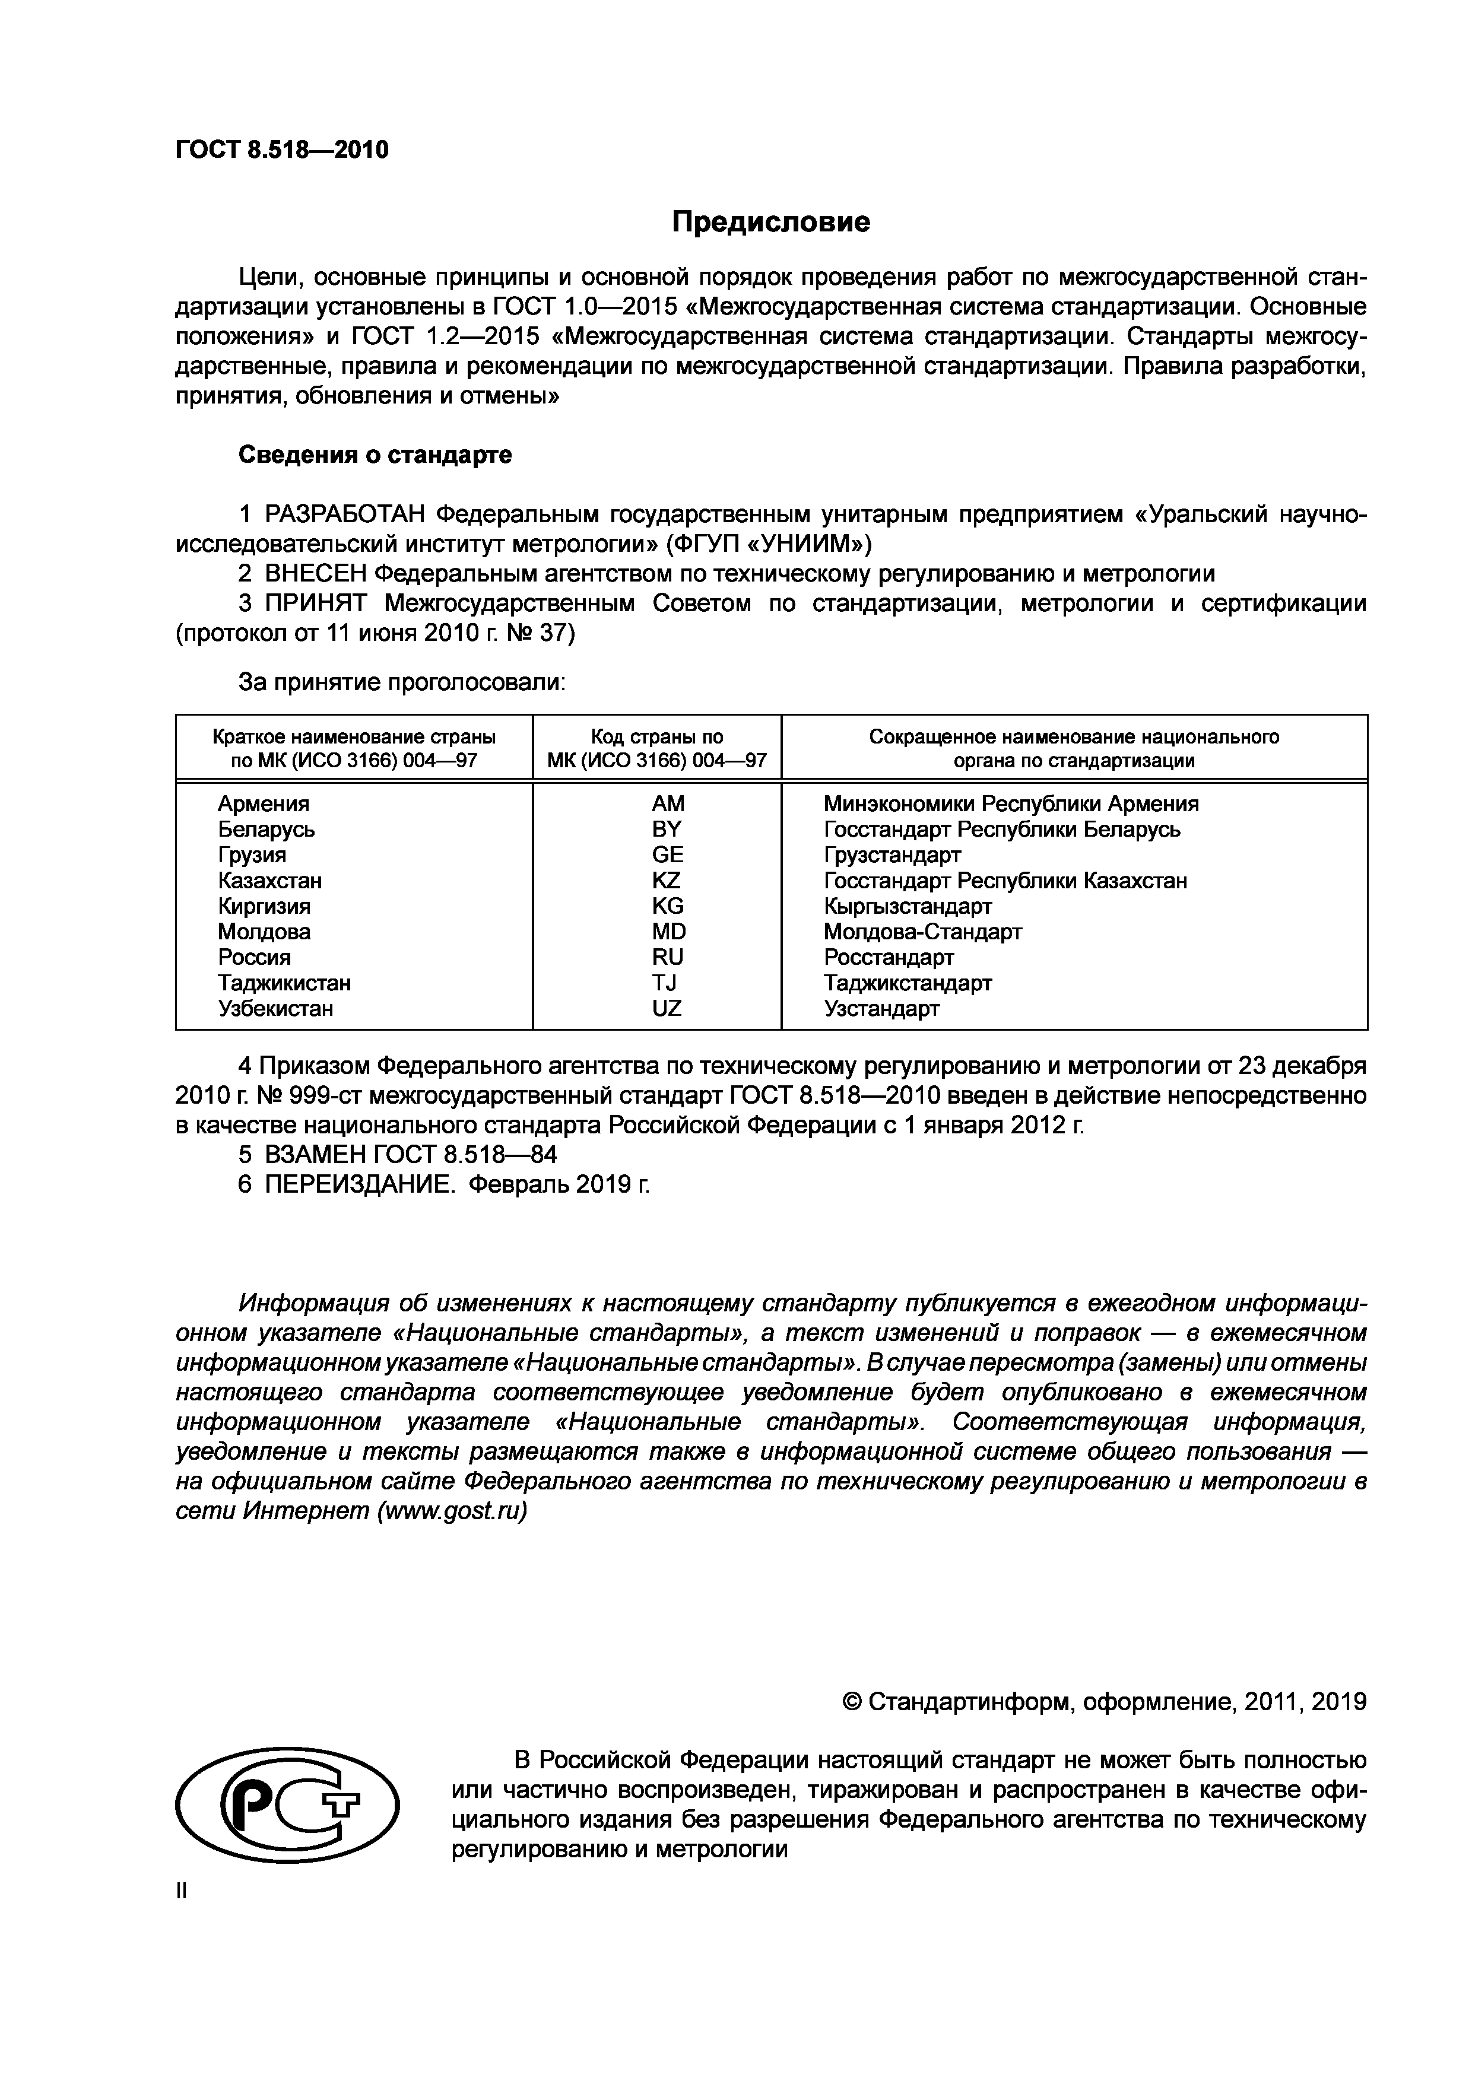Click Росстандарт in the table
click(889, 957)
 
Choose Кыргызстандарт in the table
click(908, 906)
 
